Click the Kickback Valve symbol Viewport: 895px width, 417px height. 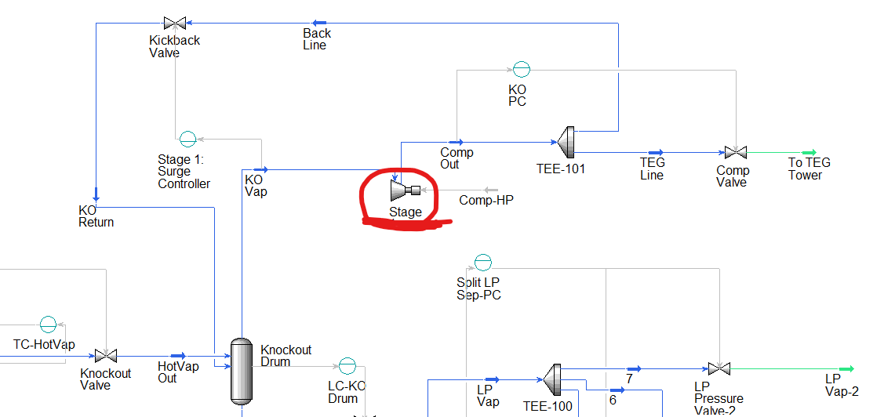tap(174, 24)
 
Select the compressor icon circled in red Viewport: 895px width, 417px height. tap(405, 190)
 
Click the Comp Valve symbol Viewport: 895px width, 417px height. tap(735, 153)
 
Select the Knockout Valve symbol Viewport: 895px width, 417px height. tap(106, 357)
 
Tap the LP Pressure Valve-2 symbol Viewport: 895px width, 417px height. tap(715, 368)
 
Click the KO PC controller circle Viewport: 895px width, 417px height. tap(521, 70)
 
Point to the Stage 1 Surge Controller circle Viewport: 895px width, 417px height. tap(187, 140)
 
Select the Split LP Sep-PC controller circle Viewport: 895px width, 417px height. tap(483, 262)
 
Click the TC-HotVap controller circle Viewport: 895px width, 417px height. tap(49, 324)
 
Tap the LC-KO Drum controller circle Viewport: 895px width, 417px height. tap(347, 365)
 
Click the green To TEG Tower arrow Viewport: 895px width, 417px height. tap(809, 153)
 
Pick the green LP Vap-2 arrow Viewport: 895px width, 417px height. tap(846, 368)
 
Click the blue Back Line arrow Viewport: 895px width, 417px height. tap(319, 24)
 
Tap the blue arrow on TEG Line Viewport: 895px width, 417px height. tap(655, 153)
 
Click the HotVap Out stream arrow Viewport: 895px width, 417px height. tap(178, 357)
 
